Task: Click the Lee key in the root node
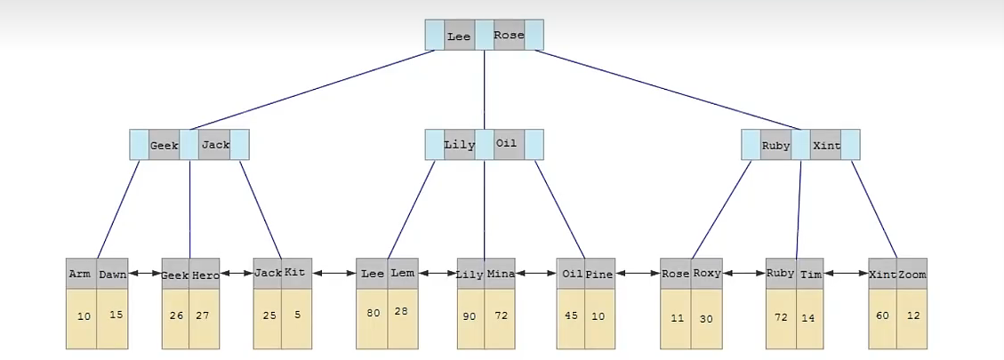459,36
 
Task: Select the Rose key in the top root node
509,36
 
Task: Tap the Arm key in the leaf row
81,274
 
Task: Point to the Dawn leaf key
112,274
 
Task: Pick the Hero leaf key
205,274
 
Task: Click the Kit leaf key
296,273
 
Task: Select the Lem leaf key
403,273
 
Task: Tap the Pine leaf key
599,274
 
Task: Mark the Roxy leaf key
707,273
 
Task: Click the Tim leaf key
811,274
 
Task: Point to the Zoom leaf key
912,274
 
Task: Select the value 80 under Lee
373,313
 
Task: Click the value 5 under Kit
296,314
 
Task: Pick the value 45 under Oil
572,315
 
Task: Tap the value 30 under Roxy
706,317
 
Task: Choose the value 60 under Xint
882,316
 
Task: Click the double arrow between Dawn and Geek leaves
145,275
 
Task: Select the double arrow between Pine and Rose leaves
637,274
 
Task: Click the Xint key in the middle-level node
826,145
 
